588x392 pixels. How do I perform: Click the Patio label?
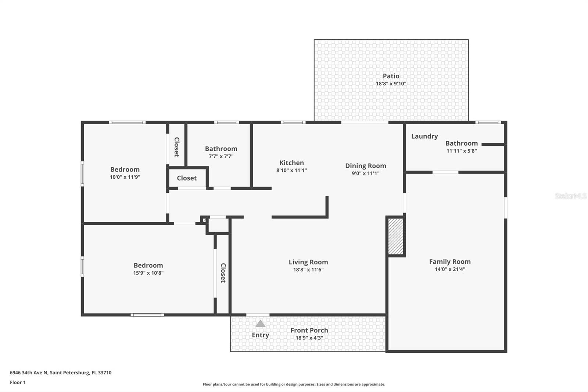[x=391, y=76]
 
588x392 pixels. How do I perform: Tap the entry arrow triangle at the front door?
[x=260, y=324]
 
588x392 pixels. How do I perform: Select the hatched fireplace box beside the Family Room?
[x=396, y=236]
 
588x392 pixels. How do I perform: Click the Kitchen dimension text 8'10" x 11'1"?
[x=291, y=170]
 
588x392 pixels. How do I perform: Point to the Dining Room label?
[x=365, y=165]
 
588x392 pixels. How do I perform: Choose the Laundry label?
[x=424, y=136]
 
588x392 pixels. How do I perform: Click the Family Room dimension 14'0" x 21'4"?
[x=450, y=269]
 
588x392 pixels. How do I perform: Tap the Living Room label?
[x=308, y=262]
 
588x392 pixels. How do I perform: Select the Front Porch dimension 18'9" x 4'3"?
[x=309, y=338]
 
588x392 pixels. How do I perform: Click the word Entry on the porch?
[x=260, y=335]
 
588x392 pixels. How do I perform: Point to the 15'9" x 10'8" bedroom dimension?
[x=148, y=273]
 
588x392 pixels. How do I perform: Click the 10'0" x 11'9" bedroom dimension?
[x=125, y=177]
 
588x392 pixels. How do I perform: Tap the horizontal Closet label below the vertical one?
[x=187, y=178]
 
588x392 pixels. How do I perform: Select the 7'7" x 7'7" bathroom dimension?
[x=221, y=156]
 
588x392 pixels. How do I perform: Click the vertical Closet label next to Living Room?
[x=223, y=272]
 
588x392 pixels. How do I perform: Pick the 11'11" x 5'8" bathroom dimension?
[x=462, y=151]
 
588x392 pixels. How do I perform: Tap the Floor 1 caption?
[x=18, y=382]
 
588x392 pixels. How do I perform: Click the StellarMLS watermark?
[x=570, y=196]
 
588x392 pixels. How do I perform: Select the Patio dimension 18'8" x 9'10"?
[x=391, y=84]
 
